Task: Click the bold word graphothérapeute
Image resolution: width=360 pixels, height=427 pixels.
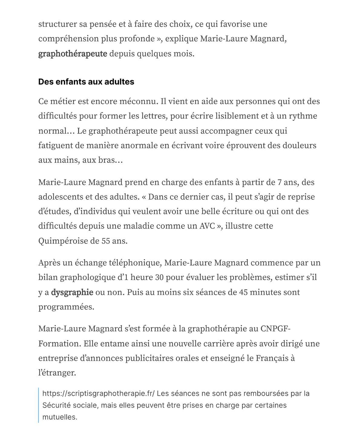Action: pos(73,54)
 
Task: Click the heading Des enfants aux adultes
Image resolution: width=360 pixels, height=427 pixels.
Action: pos(86,82)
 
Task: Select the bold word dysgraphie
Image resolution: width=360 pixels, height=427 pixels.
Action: pos(72,292)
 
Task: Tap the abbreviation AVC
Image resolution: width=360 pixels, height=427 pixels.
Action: pos(207,226)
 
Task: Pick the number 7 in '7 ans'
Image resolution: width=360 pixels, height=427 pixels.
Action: pos(280,182)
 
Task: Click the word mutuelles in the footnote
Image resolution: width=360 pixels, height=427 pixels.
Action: pos(60,417)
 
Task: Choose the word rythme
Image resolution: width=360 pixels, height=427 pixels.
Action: pos(303,116)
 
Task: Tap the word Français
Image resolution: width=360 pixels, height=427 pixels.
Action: pos(272,358)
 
